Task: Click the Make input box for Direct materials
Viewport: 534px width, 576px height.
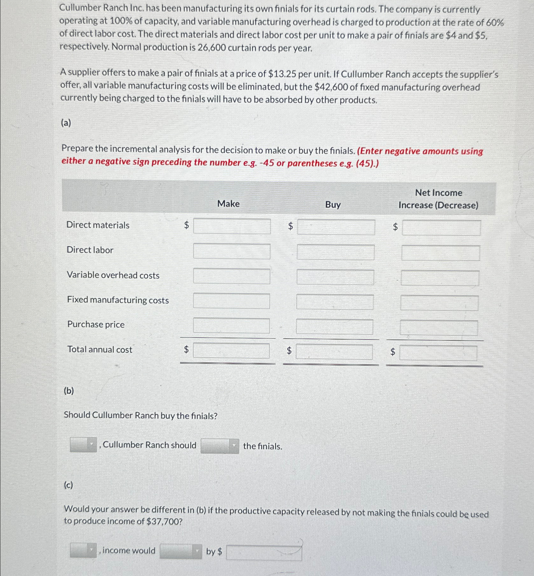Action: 232,226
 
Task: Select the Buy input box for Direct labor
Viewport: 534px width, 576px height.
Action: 335,252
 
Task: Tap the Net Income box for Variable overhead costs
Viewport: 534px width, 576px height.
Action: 440,278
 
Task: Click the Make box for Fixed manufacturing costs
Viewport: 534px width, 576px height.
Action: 232,301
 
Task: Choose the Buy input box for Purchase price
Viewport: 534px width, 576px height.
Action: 334,327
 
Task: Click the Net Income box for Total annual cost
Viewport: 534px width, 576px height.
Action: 438,353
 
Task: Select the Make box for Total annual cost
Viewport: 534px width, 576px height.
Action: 231,351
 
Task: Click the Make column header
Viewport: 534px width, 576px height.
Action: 228,204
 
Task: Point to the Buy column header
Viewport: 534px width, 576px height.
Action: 333,205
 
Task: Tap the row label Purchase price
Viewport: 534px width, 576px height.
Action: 96,324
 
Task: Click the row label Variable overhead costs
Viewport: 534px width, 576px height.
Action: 113,275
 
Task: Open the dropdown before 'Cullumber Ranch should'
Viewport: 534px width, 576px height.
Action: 83,444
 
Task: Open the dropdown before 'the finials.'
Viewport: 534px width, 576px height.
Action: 220,446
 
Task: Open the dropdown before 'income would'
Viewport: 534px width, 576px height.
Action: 83,550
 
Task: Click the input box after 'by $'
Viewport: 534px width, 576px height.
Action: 264,552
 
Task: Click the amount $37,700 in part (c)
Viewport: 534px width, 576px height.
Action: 164,521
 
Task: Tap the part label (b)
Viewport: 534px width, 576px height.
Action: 69,391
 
